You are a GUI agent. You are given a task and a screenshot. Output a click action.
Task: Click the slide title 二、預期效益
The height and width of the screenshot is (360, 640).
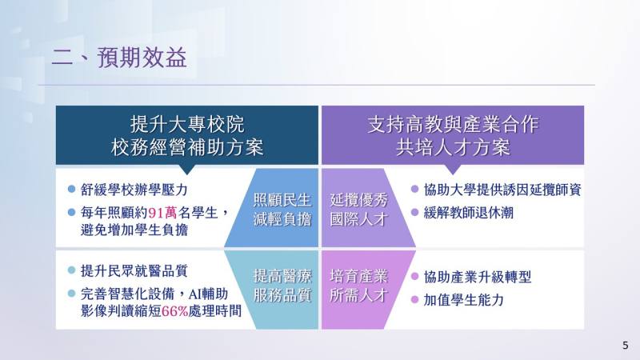click(119, 58)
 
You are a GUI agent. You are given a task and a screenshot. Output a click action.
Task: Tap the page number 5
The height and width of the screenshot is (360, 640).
click(625, 345)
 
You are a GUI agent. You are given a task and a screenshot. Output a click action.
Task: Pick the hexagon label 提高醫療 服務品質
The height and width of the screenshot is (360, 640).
click(282, 286)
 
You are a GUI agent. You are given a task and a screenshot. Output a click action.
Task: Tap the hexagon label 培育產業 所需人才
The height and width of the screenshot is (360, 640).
click(358, 286)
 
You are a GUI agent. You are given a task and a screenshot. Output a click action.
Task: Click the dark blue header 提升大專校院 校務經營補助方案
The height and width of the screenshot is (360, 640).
click(186, 136)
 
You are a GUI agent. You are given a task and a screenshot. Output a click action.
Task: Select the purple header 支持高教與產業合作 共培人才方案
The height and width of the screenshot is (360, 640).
click(453, 136)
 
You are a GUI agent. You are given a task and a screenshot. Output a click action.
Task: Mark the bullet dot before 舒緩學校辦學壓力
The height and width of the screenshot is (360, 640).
click(72, 190)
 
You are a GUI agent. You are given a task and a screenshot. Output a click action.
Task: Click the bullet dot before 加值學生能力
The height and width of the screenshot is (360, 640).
click(414, 300)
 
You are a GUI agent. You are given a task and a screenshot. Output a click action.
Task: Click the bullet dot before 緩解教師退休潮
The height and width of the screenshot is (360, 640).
click(414, 213)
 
